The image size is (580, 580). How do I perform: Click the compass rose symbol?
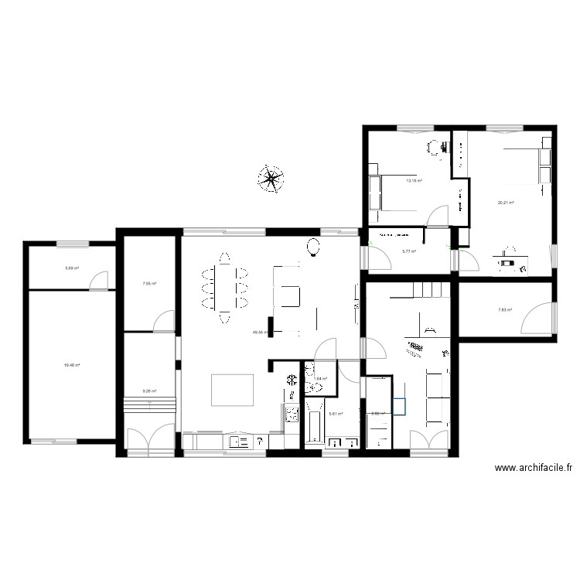(x=271, y=179)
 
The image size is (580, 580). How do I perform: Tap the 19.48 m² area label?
(x=73, y=365)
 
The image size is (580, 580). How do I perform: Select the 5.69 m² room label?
(x=72, y=268)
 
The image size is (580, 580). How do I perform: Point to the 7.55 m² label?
(x=149, y=284)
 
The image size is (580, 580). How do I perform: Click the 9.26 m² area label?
(x=149, y=391)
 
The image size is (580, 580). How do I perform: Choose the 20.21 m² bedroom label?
(x=507, y=203)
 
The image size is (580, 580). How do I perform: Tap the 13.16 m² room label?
(x=415, y=181)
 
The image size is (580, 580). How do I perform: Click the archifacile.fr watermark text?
(x=534, y=467)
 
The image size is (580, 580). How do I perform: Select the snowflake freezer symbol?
(x=292, y=380)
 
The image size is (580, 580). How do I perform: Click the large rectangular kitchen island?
(x=233, y=390)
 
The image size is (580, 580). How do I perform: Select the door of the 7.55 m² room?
(x=164, y=321)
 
